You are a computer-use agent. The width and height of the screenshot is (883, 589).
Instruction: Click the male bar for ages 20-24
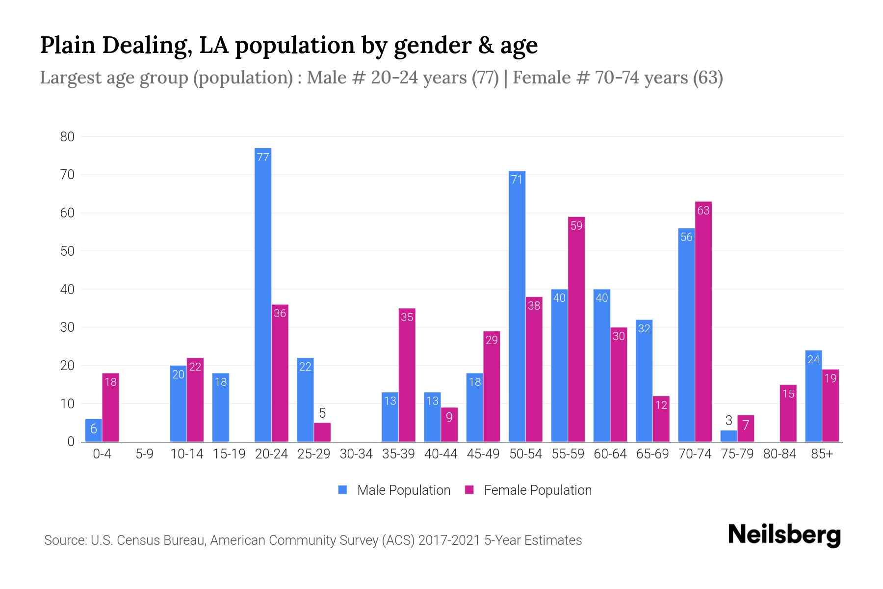pos(263,294)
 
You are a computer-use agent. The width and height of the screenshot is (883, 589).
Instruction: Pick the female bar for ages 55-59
pos(576,329)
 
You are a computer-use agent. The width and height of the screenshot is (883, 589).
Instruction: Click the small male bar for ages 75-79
pos(728,436)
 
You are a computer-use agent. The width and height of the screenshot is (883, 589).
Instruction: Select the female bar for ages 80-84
pos(788,413)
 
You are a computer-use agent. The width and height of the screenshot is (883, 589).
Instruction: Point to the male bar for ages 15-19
pos(221,407)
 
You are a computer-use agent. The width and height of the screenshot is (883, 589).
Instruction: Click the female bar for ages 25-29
pos(322,432)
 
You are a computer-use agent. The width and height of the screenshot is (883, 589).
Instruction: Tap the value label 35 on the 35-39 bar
pos(407,317)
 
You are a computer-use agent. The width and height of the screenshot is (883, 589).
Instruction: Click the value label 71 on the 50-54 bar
pos(517,180)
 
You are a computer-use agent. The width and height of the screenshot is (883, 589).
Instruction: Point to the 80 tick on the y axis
pos(67,137)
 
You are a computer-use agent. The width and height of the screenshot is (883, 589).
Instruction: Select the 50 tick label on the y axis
pos(67,251)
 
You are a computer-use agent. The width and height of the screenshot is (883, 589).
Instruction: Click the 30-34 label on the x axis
pos(356,454)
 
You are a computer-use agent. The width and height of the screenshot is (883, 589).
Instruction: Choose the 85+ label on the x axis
pos(822,454)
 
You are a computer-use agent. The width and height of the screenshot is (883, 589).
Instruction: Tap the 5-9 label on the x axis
pos(144,454)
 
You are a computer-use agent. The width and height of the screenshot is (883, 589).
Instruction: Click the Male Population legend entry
pos(394,490)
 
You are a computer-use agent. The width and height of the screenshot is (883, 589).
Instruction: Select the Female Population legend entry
pos(528,490)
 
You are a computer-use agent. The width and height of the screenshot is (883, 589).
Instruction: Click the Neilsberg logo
pos(784,535)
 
